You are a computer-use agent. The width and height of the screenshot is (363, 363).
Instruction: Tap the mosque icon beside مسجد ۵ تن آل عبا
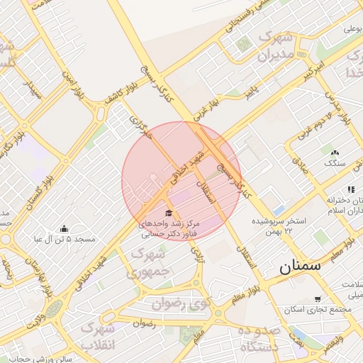(65, 228)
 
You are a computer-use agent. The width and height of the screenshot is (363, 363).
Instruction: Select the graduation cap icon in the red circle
(168, 213)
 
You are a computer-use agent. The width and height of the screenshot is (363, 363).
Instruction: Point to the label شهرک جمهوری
(151, 261)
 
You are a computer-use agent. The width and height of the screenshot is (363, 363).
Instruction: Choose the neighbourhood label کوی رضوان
(181, 303)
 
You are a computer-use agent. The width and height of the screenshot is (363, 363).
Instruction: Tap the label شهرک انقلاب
(97, 336)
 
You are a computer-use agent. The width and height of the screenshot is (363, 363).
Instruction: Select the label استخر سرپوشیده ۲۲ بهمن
(279, 226)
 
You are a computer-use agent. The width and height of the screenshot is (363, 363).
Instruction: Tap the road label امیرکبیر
(314, 69)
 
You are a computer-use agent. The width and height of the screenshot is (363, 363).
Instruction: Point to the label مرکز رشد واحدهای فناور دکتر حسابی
(171, 228)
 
